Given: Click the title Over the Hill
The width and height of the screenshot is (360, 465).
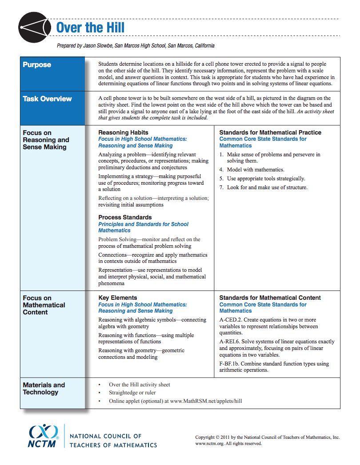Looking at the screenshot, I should point(90,28).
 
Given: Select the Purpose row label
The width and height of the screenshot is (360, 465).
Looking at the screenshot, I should point(37,65).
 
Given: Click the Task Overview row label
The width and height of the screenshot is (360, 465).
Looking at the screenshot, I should point(47,99).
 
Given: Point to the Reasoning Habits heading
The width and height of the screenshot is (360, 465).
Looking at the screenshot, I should point(123,132).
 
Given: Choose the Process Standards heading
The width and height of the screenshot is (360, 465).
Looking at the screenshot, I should point(125,217).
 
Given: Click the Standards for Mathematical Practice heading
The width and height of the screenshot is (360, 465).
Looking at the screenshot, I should point(270,132).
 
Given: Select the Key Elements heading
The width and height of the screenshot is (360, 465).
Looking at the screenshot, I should point(117,298).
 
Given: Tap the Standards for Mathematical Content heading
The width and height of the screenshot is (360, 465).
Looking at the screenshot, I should point(270,298).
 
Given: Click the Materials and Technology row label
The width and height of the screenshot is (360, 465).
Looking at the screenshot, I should point(44,389).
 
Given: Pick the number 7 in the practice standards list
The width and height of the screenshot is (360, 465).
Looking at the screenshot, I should point(221,187).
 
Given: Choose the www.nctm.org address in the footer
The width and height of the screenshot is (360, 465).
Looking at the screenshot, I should point(208,443).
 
